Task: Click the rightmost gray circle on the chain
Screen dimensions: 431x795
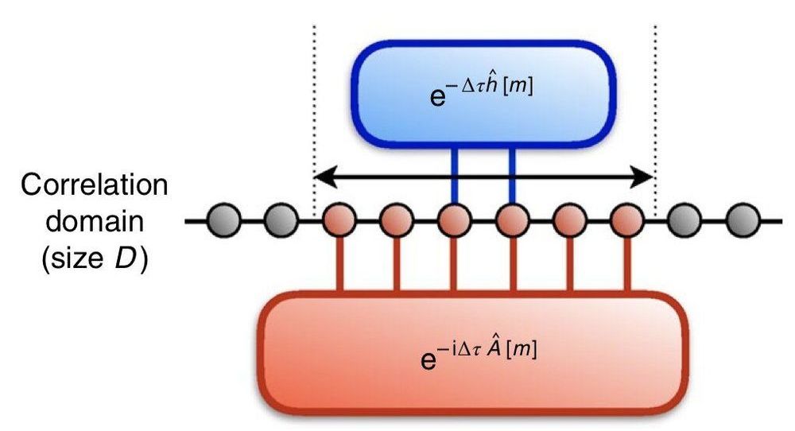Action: click(743, 220)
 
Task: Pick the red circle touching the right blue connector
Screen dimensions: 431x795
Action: click(512, 220)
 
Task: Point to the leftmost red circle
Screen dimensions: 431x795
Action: click(339, 220)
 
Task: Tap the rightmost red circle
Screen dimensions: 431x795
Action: click(627, 220)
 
